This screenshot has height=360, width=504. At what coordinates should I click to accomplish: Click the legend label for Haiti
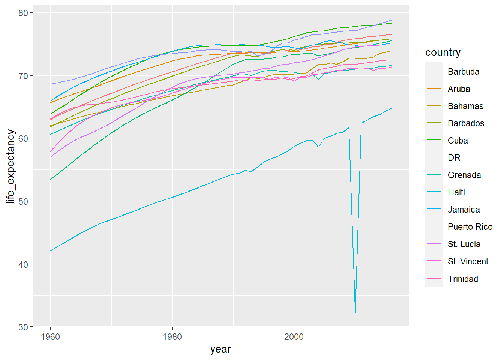pos(456,192)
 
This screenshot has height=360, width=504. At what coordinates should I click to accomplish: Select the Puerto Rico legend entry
pos(470,227)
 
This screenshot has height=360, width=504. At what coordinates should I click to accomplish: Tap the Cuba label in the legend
pos(457,141)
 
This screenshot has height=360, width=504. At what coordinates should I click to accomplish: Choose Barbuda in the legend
pos(463,72)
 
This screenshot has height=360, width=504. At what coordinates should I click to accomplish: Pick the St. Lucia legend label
pos(464,244)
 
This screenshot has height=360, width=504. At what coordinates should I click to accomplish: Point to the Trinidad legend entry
pos(463,279)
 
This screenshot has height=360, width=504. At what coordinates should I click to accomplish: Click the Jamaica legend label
pos(463,210)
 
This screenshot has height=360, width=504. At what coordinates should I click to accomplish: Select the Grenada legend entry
pos(464,175)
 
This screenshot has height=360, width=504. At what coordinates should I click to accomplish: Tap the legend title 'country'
pos(442,52)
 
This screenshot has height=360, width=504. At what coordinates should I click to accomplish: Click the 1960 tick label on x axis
pos(50,336)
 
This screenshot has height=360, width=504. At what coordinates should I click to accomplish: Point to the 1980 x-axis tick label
pos(172,336)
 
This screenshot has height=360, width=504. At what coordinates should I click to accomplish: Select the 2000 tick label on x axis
pos(294,336)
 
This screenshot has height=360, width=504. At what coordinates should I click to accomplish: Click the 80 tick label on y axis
pos(23,13)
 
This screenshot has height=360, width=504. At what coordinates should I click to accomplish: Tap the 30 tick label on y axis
pos(23,327)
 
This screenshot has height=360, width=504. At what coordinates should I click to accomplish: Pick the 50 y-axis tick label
pos(23,201)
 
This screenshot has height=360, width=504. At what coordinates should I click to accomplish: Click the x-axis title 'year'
pos(220,349)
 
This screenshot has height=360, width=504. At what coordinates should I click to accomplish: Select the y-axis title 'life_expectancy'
pos(10,166)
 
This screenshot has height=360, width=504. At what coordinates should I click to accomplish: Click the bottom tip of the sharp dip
pos(355,312)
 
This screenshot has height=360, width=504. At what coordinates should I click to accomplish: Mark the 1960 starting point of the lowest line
pos(50,251)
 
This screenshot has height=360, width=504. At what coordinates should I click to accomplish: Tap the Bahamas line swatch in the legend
pos(433,106)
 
